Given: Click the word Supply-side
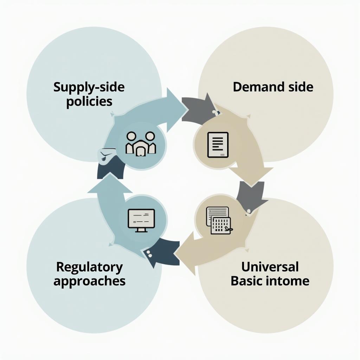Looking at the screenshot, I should click(x=89, y=87).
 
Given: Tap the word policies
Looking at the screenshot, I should click(x=89, y=101).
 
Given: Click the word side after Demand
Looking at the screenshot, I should click(x=300, y=87).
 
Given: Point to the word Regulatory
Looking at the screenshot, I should click(x=89, y=267).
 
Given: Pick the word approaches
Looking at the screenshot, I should click(x=89, y=281).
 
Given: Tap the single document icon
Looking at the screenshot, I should click(x=218, y=144).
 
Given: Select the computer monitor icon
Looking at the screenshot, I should click(x=141, y=220).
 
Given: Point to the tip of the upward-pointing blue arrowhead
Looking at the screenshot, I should click(x=110, y=174).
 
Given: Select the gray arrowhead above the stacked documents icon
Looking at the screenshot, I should click(x=250, y=197).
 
